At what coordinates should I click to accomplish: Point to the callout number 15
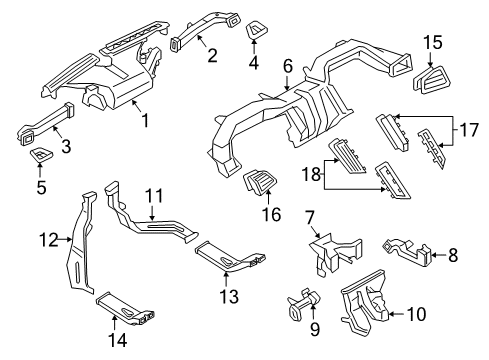point(432,42)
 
